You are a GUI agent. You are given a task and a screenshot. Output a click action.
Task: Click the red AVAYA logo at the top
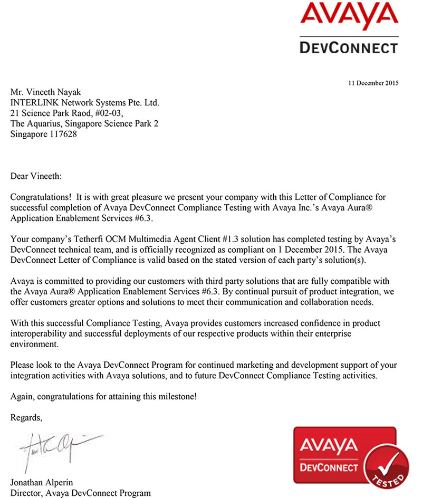pos(348,18)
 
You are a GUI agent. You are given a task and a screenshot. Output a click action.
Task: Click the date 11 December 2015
pos(373,83)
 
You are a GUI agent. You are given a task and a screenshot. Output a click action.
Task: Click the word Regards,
pos(26,417)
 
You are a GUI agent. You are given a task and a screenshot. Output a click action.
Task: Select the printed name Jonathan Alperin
pos(41,483)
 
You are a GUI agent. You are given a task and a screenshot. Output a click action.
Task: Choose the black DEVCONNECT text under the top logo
pos(348,48)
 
